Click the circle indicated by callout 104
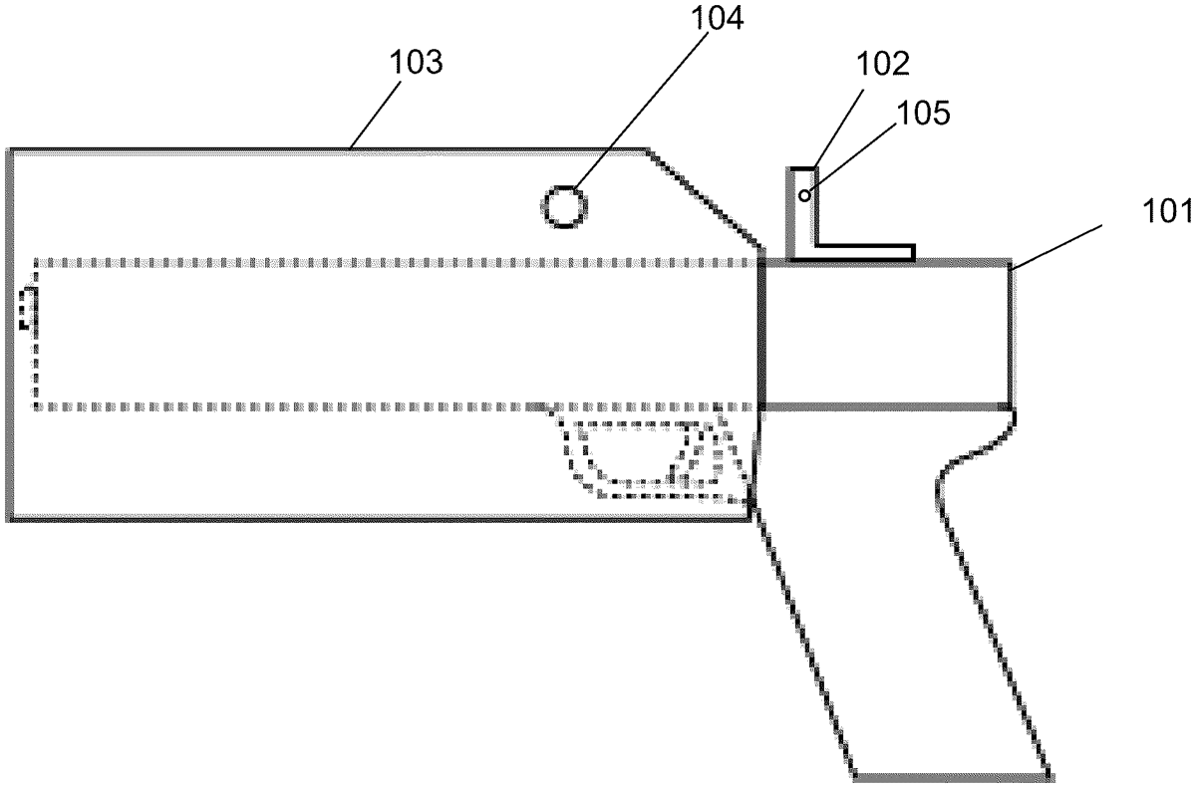564,207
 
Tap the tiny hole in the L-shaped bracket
803,195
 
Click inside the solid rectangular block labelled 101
887,334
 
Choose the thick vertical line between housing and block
759,334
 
